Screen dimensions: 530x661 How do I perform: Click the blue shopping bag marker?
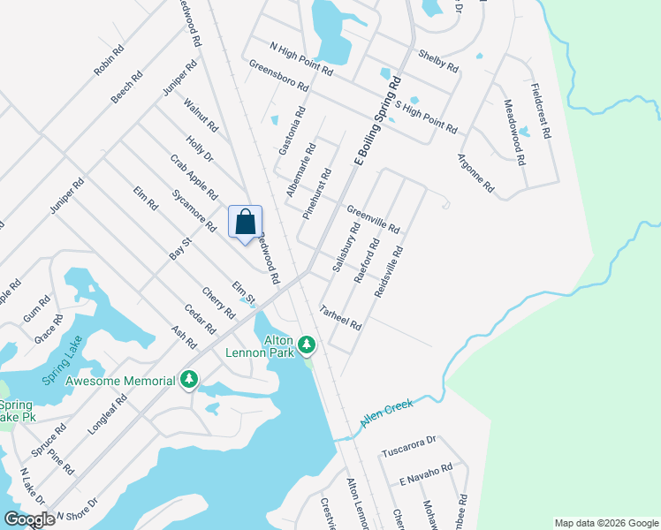[246, 222]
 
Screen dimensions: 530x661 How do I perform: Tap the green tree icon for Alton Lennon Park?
[307, 343]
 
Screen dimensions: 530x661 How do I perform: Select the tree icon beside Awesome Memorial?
[188, 379]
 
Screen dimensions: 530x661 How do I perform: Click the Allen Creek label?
[387, 415]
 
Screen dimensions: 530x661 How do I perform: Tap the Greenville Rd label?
[373, 220]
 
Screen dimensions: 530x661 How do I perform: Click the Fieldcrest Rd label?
[541, 111]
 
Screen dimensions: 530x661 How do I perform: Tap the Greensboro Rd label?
[278, 76]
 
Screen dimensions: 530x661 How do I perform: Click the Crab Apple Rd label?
[194, 176]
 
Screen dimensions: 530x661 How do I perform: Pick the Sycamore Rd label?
[194, 209]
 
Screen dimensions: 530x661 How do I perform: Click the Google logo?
[28, 519]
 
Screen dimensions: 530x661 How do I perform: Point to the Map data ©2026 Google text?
[605, 523]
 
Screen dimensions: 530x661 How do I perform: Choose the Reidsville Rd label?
[389, 270]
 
